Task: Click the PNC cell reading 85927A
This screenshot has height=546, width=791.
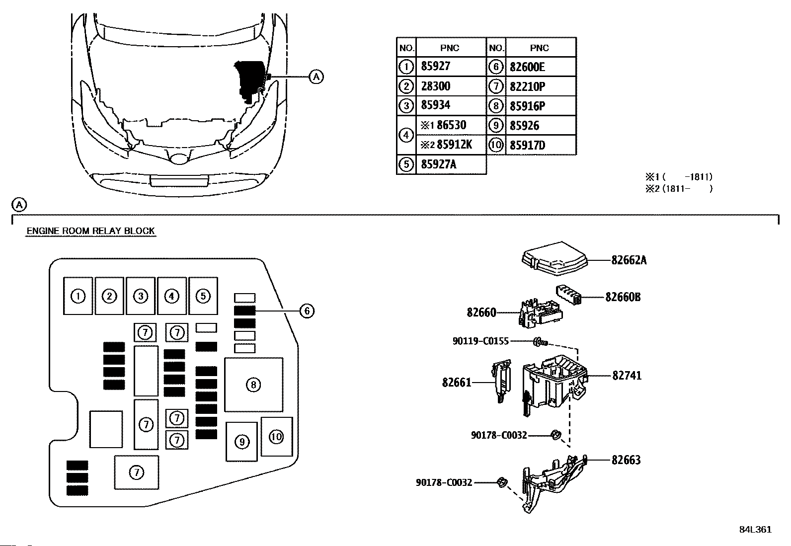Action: tap(438, 164)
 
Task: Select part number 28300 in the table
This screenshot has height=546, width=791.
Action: tap(435, 86)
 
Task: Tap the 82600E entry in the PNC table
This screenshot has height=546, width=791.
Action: tap(527, 67)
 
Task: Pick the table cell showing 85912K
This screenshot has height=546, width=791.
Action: tap(454, 145)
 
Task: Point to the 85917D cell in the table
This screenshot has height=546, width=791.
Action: tap(527, 145)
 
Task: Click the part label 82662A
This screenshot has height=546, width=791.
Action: tap(629, 260)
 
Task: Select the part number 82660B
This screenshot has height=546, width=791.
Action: tap(623, 297)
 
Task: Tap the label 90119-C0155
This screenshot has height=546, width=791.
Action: tap(480, 341)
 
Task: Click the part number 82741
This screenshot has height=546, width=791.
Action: tap(627, 376)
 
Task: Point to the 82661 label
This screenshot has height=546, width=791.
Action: tap(457, 383)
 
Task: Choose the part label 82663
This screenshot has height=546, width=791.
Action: tap(626, 460)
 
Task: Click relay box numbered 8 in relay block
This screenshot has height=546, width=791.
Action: tap(253, 385)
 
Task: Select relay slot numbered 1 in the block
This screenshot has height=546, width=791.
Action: tap(78, 296)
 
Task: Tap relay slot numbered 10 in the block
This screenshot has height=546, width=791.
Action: tap(276, 437)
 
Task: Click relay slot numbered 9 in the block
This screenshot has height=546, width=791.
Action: tap(241, 442)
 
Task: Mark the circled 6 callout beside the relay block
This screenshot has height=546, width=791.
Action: tap(307, 311)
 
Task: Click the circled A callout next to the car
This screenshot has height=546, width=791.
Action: tap(316, 77)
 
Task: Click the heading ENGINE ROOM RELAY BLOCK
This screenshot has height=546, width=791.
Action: tap(91, 231)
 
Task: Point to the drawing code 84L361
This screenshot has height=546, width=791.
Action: tap(755, 530)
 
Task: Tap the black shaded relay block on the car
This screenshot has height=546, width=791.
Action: tap(251, 81)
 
